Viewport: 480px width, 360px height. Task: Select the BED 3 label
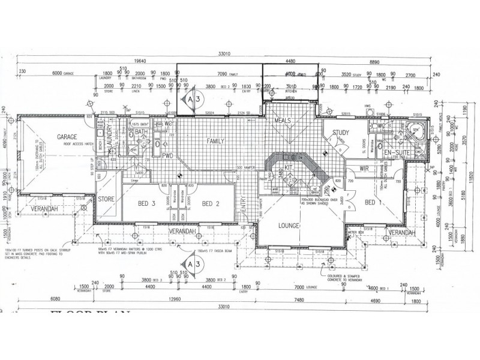146,204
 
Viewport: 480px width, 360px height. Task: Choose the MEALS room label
282,121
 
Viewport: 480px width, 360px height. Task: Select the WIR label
364,169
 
